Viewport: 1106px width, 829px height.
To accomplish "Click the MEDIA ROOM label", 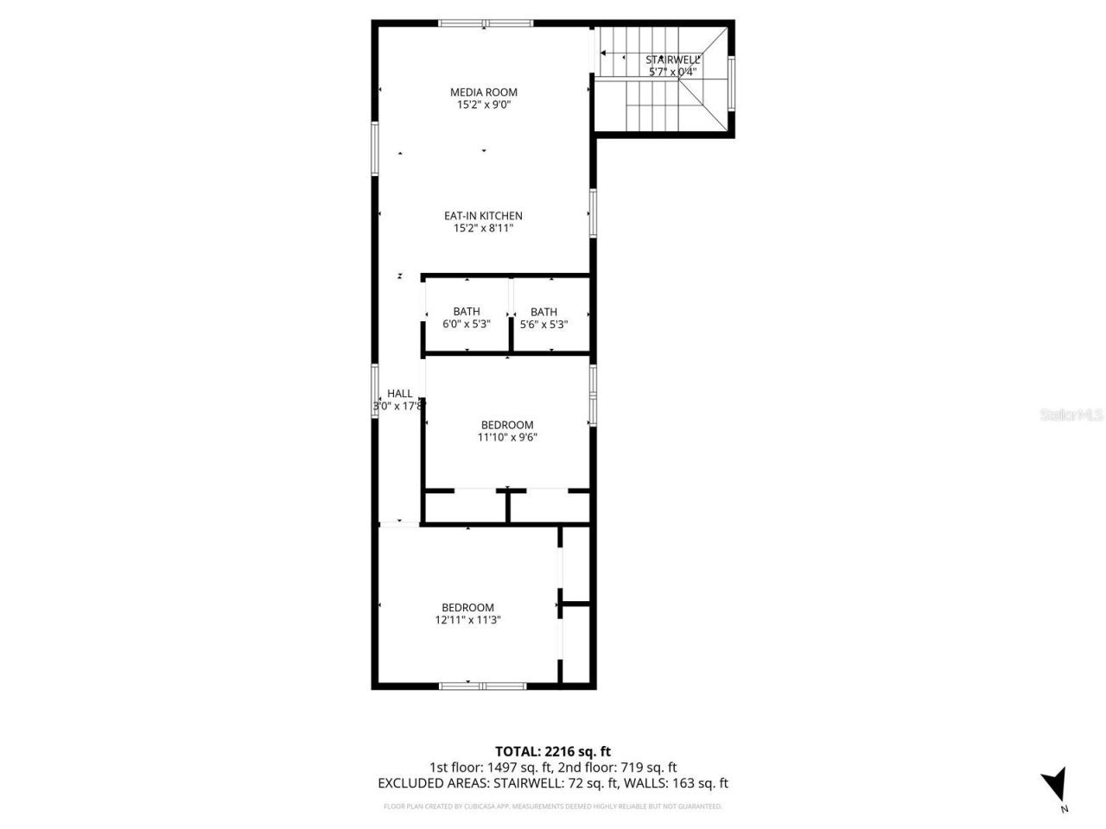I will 483,92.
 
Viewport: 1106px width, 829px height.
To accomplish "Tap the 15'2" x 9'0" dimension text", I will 483,105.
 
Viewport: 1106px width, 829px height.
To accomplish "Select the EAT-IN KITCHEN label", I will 483,216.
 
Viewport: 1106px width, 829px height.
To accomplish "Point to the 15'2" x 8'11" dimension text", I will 483,229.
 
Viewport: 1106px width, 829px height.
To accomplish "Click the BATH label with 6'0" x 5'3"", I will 466,312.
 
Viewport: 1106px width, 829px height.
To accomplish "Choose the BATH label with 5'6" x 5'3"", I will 543,312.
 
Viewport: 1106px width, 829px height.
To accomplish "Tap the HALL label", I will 399,393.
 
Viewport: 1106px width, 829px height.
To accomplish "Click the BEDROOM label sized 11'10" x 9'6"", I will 507,425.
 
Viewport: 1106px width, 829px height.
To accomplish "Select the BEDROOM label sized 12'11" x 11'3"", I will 467,607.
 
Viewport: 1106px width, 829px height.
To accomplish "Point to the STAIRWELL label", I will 672,60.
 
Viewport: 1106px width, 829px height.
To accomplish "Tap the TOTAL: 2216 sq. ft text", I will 552,751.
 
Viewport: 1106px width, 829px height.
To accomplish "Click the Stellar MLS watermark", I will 1071,414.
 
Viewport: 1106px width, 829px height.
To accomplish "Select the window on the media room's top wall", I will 483,23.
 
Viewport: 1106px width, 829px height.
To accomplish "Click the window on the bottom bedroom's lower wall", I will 482,686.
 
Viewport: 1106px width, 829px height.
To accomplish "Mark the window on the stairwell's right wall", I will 731,84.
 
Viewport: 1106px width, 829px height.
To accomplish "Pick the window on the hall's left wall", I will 375,391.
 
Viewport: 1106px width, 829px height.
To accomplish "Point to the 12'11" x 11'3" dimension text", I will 467,620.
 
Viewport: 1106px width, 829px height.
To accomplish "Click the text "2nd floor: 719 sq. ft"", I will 615,767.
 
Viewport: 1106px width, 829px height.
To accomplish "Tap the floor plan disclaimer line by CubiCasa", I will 552,807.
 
